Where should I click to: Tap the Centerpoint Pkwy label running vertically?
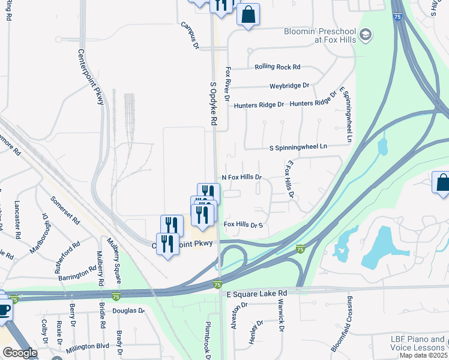92,76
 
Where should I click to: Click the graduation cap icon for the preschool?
366,35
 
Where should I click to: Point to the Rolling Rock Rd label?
277,67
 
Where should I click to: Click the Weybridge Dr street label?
289,86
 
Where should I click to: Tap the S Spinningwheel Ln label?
298,146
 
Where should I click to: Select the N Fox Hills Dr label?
243,178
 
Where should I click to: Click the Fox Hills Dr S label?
244,224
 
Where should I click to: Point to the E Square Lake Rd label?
257,293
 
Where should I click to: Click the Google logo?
20,353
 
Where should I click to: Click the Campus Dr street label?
190,35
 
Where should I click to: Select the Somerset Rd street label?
65,209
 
